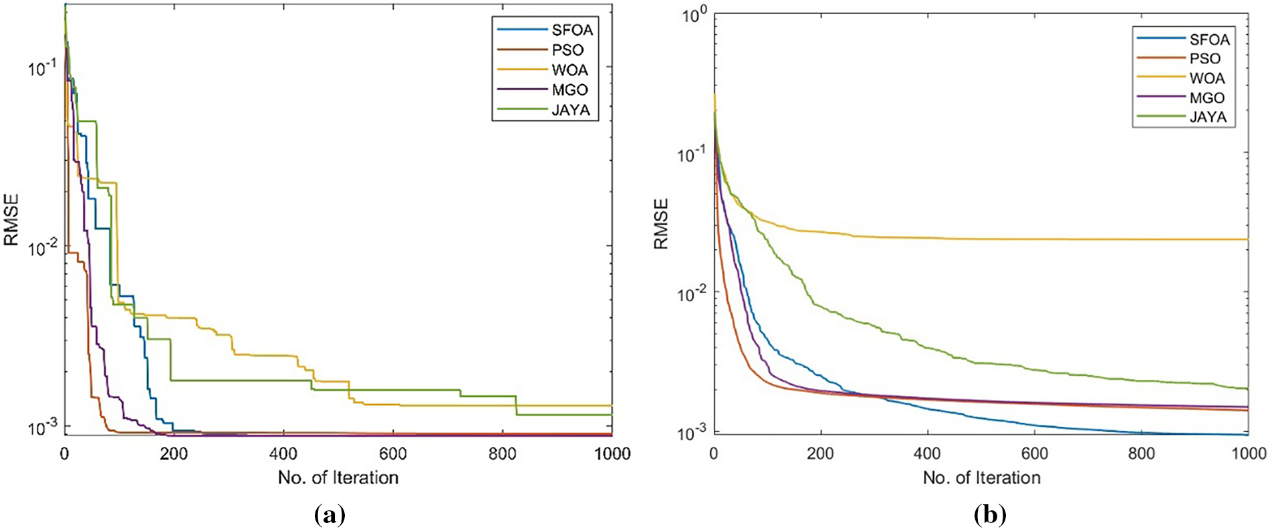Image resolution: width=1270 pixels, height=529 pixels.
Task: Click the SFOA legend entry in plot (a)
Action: (x=571, y=30)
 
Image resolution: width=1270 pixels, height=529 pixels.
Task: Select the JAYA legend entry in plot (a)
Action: (x=570, y=110)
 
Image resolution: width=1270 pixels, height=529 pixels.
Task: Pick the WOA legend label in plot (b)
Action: (x=1207, y=78)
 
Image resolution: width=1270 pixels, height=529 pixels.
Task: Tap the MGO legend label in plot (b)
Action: (x=1207, y=98)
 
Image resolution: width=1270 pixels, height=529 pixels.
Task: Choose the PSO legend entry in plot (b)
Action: (x=1204, y=59)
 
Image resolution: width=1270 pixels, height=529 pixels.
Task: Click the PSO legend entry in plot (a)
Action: (x=567, y=50)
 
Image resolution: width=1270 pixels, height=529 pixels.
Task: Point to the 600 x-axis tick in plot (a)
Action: (x=392, y=454)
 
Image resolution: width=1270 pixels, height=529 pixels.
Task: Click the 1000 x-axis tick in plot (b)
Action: (x=1248, y=454)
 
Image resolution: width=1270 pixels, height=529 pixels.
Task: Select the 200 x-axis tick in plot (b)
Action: (x=820, y=454)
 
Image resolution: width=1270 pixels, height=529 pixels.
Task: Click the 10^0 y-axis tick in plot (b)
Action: (x=694, y=15)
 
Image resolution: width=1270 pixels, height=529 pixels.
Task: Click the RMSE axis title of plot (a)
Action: (x=11, y=220)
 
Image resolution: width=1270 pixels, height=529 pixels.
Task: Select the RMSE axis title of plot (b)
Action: (x=661, y=224)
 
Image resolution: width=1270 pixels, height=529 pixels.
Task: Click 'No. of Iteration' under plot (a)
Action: (x=338, y=478)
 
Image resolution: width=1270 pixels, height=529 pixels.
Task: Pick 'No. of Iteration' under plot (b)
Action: (x=981, y=478)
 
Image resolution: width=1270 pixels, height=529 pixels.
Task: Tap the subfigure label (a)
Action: (x=330, y=514)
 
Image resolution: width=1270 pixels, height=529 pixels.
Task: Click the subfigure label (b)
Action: (x=990, y=514)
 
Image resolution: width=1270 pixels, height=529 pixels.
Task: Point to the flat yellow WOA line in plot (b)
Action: (x=1069, y=239)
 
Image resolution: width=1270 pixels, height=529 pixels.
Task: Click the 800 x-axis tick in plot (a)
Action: (x=502, y=454)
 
